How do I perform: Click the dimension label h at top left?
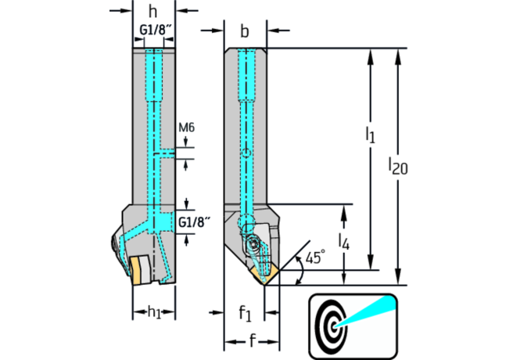(x=153, y=13)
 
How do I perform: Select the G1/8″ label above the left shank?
(x=153, y=31)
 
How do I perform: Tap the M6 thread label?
(x=186, y=128)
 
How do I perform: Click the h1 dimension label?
(x=153, y=311)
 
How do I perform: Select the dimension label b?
(x=245, y=31)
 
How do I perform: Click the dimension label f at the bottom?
(x=252, y=340)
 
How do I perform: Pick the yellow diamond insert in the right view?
(x=267, y=273)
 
